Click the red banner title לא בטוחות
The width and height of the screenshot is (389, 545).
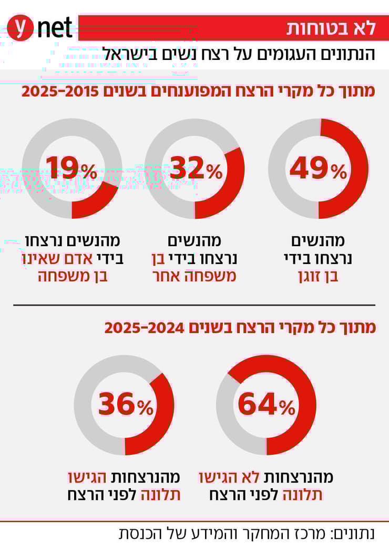point(331,28)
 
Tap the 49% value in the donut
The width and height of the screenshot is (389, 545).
point(318,169)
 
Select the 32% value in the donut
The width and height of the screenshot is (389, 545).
point(195,169)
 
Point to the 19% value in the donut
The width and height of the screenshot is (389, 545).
point(71,169)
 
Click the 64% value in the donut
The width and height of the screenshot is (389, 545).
point(266,405)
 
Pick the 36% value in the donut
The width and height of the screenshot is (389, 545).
point(125,405)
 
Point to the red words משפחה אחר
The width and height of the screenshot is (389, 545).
point(195,277)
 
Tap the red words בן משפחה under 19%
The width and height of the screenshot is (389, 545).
point(72,277)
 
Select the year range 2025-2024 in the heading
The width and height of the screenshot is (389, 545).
point(143,328)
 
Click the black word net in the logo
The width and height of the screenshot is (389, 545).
point(55,27)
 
